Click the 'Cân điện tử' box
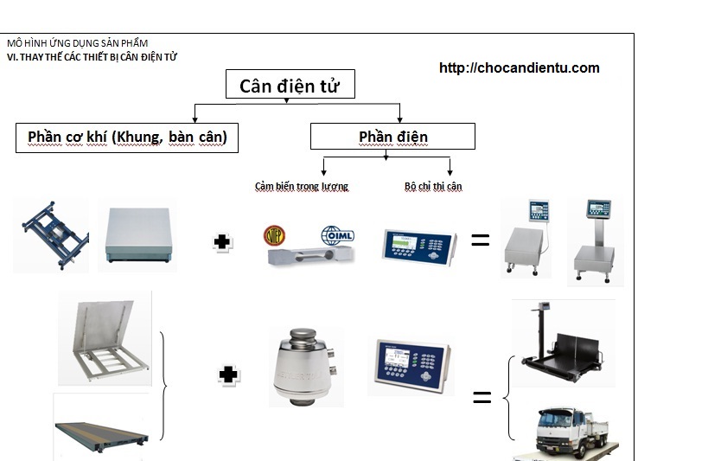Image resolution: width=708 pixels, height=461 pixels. tap(290, 85)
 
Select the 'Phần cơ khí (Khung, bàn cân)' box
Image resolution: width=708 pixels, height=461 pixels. tap(126, 138)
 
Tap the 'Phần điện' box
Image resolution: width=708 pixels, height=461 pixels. tap(392, 137)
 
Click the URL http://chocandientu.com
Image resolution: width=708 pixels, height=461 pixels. tap(519, 67)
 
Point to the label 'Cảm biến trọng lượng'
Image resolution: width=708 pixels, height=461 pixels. tap(301, 186)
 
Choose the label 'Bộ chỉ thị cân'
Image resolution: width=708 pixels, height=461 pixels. tap(433, 186)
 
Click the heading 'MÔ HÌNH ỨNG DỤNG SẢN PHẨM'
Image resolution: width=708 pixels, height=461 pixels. tap(77, 43)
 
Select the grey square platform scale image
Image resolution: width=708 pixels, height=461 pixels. tap(138, 235)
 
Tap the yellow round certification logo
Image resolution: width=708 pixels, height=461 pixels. tap(274, 235)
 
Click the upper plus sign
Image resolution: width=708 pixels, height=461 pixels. tap(224, 243)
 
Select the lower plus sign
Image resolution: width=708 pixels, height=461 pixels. tap(228, 375)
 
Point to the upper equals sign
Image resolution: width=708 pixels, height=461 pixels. tap(480, 240)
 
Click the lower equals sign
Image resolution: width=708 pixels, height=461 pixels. tap(482, 397)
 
